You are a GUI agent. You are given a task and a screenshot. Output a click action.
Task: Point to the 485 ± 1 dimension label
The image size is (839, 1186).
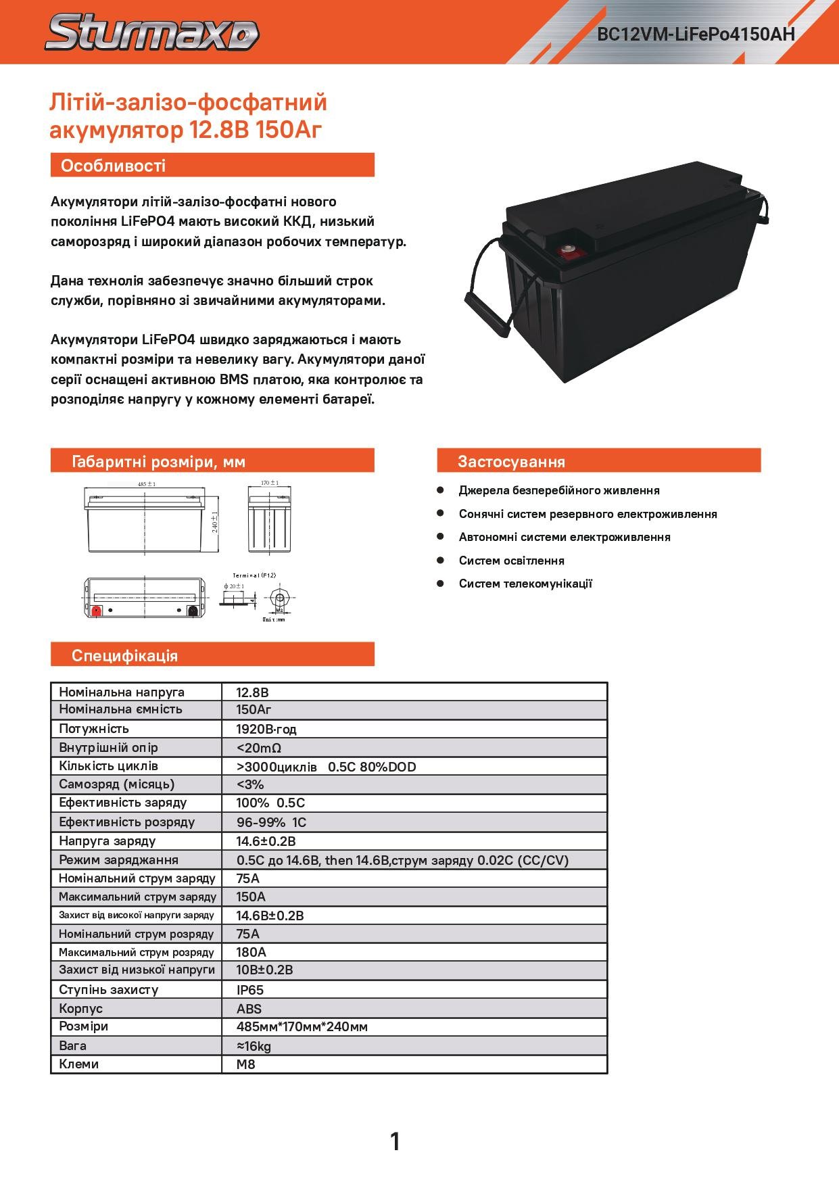(147, 484)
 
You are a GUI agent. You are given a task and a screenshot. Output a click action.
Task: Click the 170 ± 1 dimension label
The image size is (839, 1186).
(270, 483)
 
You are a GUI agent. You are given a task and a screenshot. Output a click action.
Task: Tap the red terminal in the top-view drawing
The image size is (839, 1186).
(96, 611)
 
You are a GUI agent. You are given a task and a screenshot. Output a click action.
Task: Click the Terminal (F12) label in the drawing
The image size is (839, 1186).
(254, 575)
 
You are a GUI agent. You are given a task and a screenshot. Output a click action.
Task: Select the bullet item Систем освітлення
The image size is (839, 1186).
(511, 561)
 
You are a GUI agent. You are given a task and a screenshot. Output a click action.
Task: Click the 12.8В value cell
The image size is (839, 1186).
(253, 692)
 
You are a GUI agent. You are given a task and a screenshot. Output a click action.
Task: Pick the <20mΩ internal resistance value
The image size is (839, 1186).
(258, 748)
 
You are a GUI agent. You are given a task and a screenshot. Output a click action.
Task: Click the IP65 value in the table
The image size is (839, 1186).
(250, 990)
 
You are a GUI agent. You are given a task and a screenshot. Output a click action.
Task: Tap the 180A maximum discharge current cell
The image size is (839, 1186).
(251, 952)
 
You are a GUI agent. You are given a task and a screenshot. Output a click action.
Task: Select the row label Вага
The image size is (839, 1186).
(73, 1045)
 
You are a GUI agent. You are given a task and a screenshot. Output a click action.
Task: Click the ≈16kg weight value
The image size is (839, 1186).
(254, 1046)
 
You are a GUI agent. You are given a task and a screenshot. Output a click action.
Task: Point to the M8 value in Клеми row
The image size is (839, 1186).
(245, 1064)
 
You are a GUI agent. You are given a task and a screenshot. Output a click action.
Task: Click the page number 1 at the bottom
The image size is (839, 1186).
(395, 1141)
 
